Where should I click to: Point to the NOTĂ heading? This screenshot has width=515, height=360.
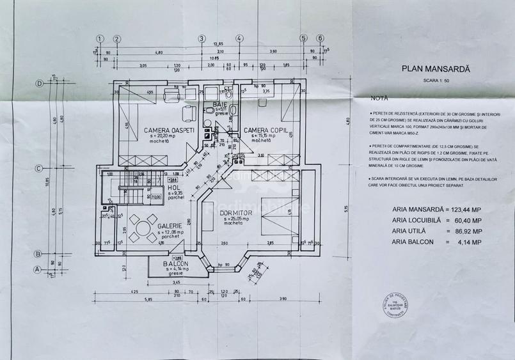tap(379, 99)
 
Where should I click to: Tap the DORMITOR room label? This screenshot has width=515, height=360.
tap(235, 213)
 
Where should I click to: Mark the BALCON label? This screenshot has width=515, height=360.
tap(175, 264)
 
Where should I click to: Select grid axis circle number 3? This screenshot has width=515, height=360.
tap(201, 38)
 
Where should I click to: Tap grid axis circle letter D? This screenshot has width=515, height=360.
tap(39, 83)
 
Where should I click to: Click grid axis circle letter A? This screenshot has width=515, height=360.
tap(39, 269)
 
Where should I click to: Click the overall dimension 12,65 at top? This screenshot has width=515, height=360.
tap(219, 43)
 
